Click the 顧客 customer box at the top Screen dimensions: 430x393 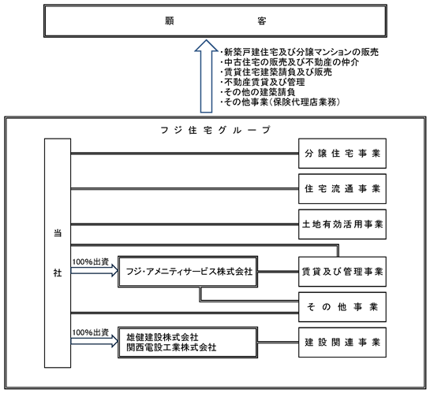pyautogui.click(x=215, y=20)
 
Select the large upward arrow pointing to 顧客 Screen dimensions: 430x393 pyautogui.click(x=206, y=76)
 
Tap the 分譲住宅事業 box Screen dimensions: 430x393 pyautogui.click(x=342, y=154)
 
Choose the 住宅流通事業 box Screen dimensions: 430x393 pyautogui.click(x=342, y=189)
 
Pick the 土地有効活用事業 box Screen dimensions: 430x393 pyautogui.click(x=342, y=224)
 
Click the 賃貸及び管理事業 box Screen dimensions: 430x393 pyautogui.click(x=342, y=272)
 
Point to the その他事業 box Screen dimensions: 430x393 pyautogui.click(x=342, y=307)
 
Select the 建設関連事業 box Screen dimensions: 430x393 pyautogui.click(x=342, y=343)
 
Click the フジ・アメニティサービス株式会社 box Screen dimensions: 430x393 pyautogui.click(x=188, y=272)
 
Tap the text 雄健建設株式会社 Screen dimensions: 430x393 pyautogui.click(x=163, y=337)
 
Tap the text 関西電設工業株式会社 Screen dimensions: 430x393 pyautogui.click(x=171, y=347)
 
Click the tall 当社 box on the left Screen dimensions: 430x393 pyautogui.click(x=58, y=253)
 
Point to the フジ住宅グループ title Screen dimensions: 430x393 pyautogui.click(x=215, y=130)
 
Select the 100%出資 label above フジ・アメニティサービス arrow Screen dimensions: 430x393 pyautogui.click(x=91, y=262)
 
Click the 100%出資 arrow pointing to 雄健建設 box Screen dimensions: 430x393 pyautogui.click(x=95, y=341)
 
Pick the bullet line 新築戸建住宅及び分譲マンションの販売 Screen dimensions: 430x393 pyautogui.click(x=300, y=52)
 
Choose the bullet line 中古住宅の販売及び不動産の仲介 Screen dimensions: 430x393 pyautogui.click(x=290, y=62)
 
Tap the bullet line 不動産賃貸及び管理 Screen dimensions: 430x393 pyautogui.click(x=263, y=82)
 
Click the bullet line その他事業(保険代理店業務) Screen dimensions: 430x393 pyautogui.click(x=280, y=102)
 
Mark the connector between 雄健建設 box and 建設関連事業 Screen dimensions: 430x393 pyautogui.click(x=278, y=342)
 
